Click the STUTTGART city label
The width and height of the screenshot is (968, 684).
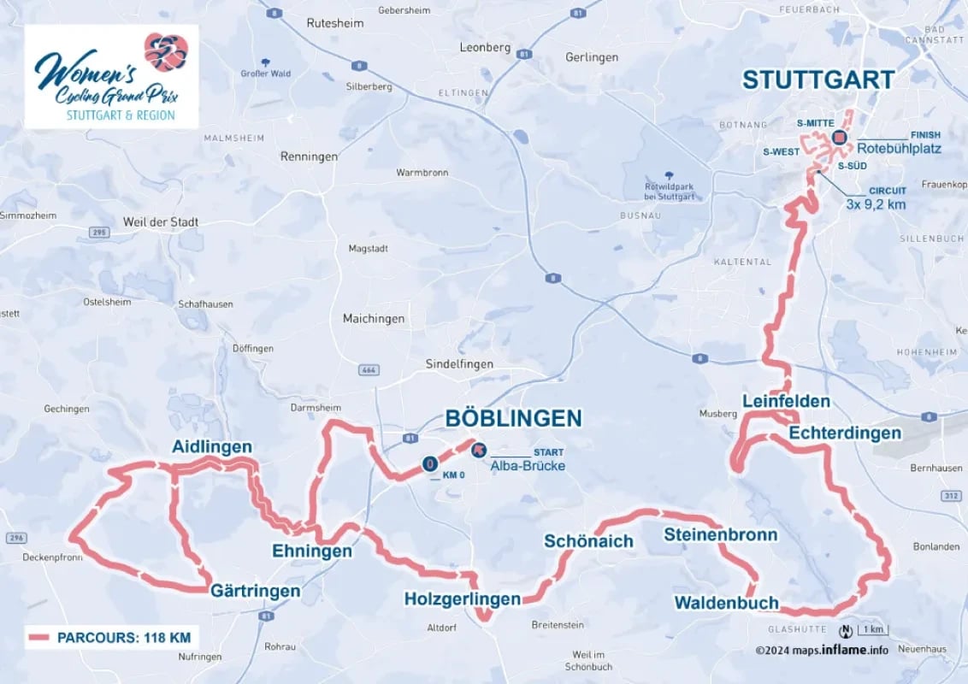[x=818, y=80]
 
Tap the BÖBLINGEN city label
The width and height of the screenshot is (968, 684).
[x=513, y=418]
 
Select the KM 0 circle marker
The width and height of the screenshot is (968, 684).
[x=430, y=464]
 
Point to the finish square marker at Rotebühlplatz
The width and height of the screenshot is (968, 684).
[x=839, y=137]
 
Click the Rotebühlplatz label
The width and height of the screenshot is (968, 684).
[x=898, y=148]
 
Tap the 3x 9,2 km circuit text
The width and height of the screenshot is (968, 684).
[x=875, y=204]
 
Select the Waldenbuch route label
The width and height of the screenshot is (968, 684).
[x=726, y=603]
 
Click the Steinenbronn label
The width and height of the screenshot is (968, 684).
[x=721, y=535]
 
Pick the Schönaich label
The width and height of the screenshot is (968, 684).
[x=588, y=541]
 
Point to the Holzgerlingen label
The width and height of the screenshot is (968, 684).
[x=462, y=599]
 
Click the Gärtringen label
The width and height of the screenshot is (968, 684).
[x=255, y=591]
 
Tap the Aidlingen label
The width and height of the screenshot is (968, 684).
[x=211, y=447]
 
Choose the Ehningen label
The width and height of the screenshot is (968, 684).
[x=311, y=551]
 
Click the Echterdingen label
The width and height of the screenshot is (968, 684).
[x=844, y=433]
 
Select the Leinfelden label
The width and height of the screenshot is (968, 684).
[x=786, y=401]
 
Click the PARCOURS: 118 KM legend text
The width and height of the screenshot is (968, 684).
[x=123, y=637]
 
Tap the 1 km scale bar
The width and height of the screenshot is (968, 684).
[x=873, y=631]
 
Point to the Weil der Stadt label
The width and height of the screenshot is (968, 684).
[x=160, y=222]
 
